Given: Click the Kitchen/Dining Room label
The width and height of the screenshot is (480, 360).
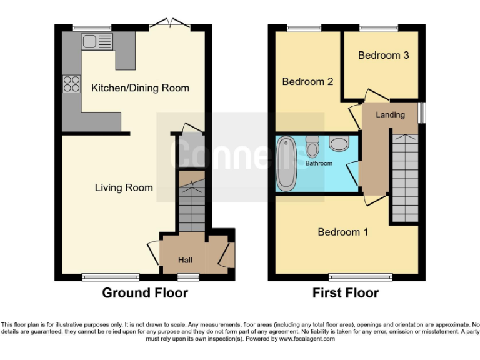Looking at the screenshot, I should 140,88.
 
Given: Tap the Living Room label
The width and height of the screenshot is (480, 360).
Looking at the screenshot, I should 124,187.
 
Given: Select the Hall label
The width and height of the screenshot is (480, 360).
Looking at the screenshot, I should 185,260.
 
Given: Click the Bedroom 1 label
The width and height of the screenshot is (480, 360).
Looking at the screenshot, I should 342,232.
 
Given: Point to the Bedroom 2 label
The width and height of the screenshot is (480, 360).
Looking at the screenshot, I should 307,82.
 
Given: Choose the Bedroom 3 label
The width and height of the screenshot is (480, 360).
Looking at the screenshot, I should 383,55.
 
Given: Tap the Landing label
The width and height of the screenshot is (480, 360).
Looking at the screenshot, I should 390,115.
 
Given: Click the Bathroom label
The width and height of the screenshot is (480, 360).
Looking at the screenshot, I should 319,164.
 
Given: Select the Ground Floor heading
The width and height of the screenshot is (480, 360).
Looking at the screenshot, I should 145,293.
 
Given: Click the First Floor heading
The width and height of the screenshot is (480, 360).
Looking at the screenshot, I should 346,293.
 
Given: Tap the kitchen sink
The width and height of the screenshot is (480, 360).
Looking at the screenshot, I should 97,42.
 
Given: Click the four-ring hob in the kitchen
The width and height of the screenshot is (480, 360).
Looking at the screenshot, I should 71,84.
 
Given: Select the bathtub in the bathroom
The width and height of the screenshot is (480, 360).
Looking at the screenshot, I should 287,164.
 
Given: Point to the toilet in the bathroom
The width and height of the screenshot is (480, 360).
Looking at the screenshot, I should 312,146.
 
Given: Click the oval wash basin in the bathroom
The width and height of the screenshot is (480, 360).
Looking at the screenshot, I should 340,144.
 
